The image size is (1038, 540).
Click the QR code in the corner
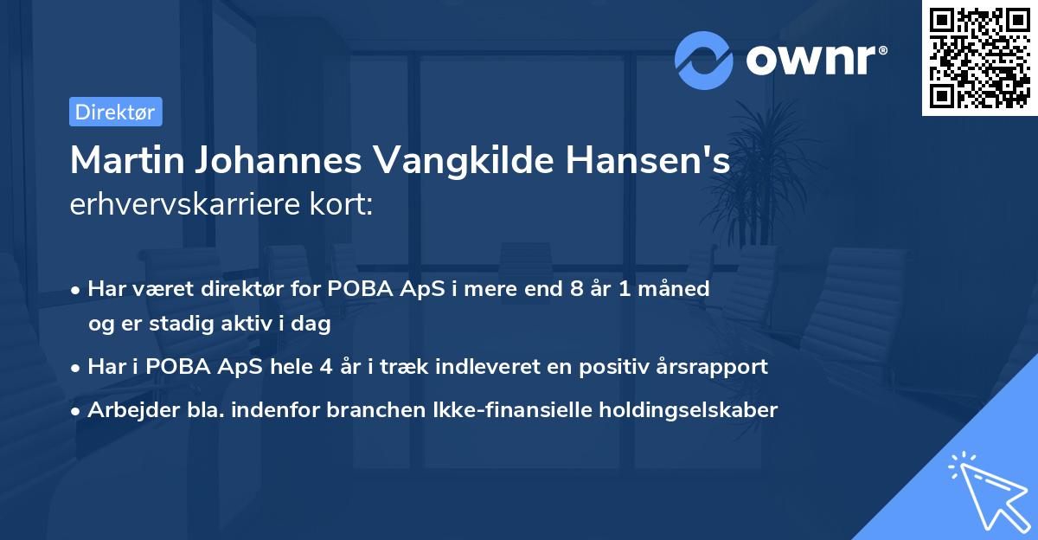(x=980, y=58)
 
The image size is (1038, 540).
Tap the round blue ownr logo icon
(x=704, y=60)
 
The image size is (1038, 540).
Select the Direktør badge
(x=115, y=112)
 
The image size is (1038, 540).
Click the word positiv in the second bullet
(x=612, y=367)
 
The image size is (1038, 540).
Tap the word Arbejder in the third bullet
(x=131, y=410)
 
